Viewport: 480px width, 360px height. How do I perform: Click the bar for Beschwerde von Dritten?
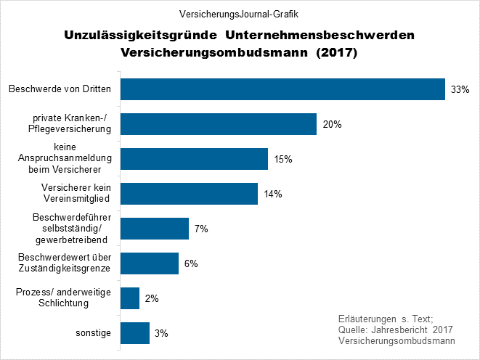(282, 89)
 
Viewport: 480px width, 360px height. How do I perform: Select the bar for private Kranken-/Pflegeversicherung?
(218, 124)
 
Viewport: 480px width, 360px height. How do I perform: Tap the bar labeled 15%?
(194, 159)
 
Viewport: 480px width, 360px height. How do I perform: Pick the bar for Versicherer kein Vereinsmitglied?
(189, 194)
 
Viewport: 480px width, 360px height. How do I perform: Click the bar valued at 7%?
(154, 229)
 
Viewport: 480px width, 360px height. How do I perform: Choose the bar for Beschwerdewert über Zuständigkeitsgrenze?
(149, 263)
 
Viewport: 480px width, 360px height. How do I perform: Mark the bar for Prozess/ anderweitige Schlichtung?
(129, 298)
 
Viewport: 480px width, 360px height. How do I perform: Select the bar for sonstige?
(134, 333)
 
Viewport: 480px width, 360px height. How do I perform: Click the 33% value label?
(460, 89)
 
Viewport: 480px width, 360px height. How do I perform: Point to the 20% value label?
(332, 124)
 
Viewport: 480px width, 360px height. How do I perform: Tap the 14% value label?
(273, 194)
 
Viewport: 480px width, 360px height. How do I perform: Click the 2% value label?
(151, 298)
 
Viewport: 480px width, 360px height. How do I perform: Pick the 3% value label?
(161, 333)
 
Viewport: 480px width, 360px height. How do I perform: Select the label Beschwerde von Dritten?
(60, 89)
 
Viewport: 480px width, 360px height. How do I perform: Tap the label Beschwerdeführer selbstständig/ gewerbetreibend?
(70, 229)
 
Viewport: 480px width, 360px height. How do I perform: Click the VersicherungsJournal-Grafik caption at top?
(239, 15)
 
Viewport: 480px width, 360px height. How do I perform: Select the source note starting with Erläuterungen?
(396, 330)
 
